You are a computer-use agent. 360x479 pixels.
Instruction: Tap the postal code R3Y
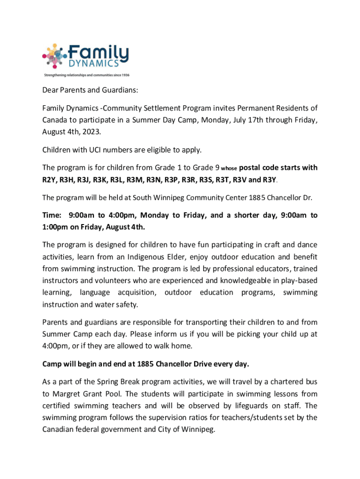269,180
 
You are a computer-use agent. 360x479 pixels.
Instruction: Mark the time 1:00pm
58,227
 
